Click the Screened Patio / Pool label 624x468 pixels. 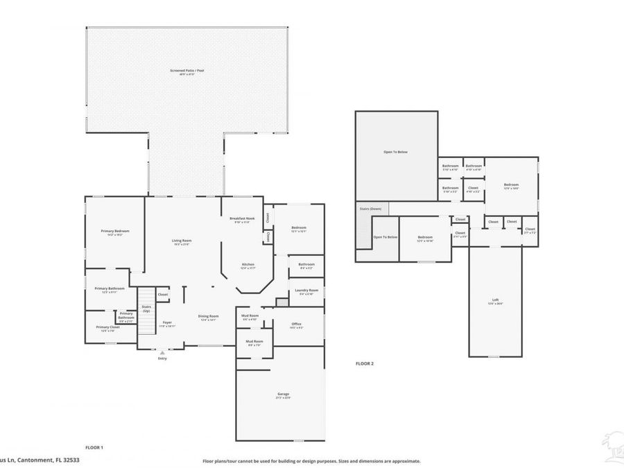[187, 71]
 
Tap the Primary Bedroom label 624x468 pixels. [115, 232]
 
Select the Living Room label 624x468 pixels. [182, 241]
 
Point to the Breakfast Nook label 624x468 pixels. [242, 218]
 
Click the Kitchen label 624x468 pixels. [248, 265]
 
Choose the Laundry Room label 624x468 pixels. [306, 291]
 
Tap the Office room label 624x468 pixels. [296, 324]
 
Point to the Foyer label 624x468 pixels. [167, 322]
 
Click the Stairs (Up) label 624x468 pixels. [146, 308]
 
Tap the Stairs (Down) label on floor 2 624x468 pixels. [370, 209]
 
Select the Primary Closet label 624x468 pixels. [108, 327]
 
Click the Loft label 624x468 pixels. [495, 300]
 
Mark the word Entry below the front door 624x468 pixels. [162, 358]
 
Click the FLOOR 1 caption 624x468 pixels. [94, 448]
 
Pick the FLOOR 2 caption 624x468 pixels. [365, 363]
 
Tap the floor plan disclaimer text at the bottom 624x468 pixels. [311, 460]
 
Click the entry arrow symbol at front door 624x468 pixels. [162, 352]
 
